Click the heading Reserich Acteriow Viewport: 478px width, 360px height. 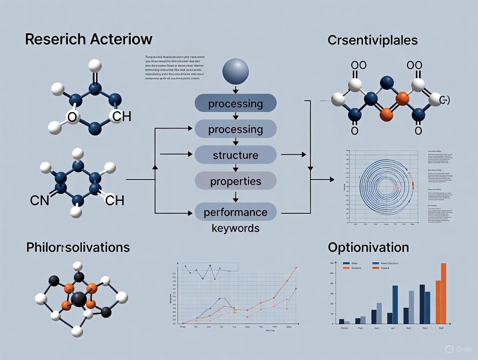88,39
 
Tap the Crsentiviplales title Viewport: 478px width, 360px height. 373,40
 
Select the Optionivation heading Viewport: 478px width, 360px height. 368,247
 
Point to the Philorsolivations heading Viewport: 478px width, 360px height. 78,247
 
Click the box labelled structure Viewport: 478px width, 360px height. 235,155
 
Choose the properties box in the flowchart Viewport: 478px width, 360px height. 235,180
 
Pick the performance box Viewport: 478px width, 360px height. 235,212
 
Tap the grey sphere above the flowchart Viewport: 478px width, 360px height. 235,72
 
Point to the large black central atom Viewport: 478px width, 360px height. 78,299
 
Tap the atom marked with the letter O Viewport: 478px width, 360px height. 73,117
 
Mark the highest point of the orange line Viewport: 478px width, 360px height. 296,268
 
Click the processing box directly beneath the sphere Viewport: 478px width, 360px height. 235,104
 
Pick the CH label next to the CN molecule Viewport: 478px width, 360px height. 115,200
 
